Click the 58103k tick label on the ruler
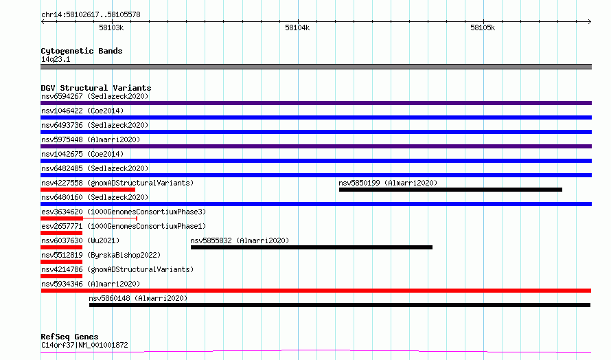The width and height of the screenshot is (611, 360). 111,27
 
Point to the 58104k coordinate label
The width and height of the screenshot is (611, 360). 297,27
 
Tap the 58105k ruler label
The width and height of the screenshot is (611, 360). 483,27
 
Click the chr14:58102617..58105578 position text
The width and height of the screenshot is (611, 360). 91,15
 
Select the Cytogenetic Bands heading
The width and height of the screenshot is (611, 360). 82,51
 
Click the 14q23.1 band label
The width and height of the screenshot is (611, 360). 56,59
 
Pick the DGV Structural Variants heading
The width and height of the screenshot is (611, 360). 96,88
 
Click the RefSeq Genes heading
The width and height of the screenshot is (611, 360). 69,337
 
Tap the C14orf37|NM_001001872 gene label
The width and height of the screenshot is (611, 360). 84,345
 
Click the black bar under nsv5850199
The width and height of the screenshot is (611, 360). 450,190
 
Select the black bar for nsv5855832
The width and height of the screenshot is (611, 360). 312,247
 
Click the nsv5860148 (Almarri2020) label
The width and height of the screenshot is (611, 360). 138,298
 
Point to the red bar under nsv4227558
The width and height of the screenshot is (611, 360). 88,190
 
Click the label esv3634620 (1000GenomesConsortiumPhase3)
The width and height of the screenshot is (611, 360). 124,212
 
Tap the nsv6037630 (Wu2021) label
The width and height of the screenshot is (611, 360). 80,240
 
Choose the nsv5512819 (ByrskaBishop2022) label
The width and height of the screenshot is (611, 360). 101,255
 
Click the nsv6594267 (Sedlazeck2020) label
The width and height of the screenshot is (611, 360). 95,96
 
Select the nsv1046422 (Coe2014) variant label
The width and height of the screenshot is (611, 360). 82,111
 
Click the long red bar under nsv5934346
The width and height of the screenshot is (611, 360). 316,291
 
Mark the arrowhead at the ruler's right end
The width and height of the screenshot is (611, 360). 590,22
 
